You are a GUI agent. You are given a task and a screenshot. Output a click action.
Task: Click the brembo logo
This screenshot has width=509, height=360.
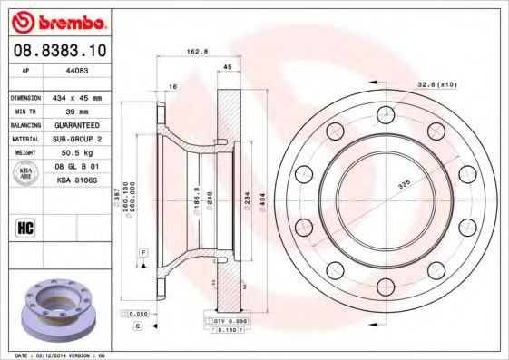click(56, 20)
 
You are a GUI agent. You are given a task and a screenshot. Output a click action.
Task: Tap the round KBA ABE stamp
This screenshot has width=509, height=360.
click(27, 174)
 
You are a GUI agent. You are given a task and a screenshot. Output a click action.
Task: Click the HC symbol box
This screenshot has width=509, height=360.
click(26, 226)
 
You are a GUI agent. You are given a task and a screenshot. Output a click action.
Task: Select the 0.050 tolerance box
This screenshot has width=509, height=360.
click(134, 313)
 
